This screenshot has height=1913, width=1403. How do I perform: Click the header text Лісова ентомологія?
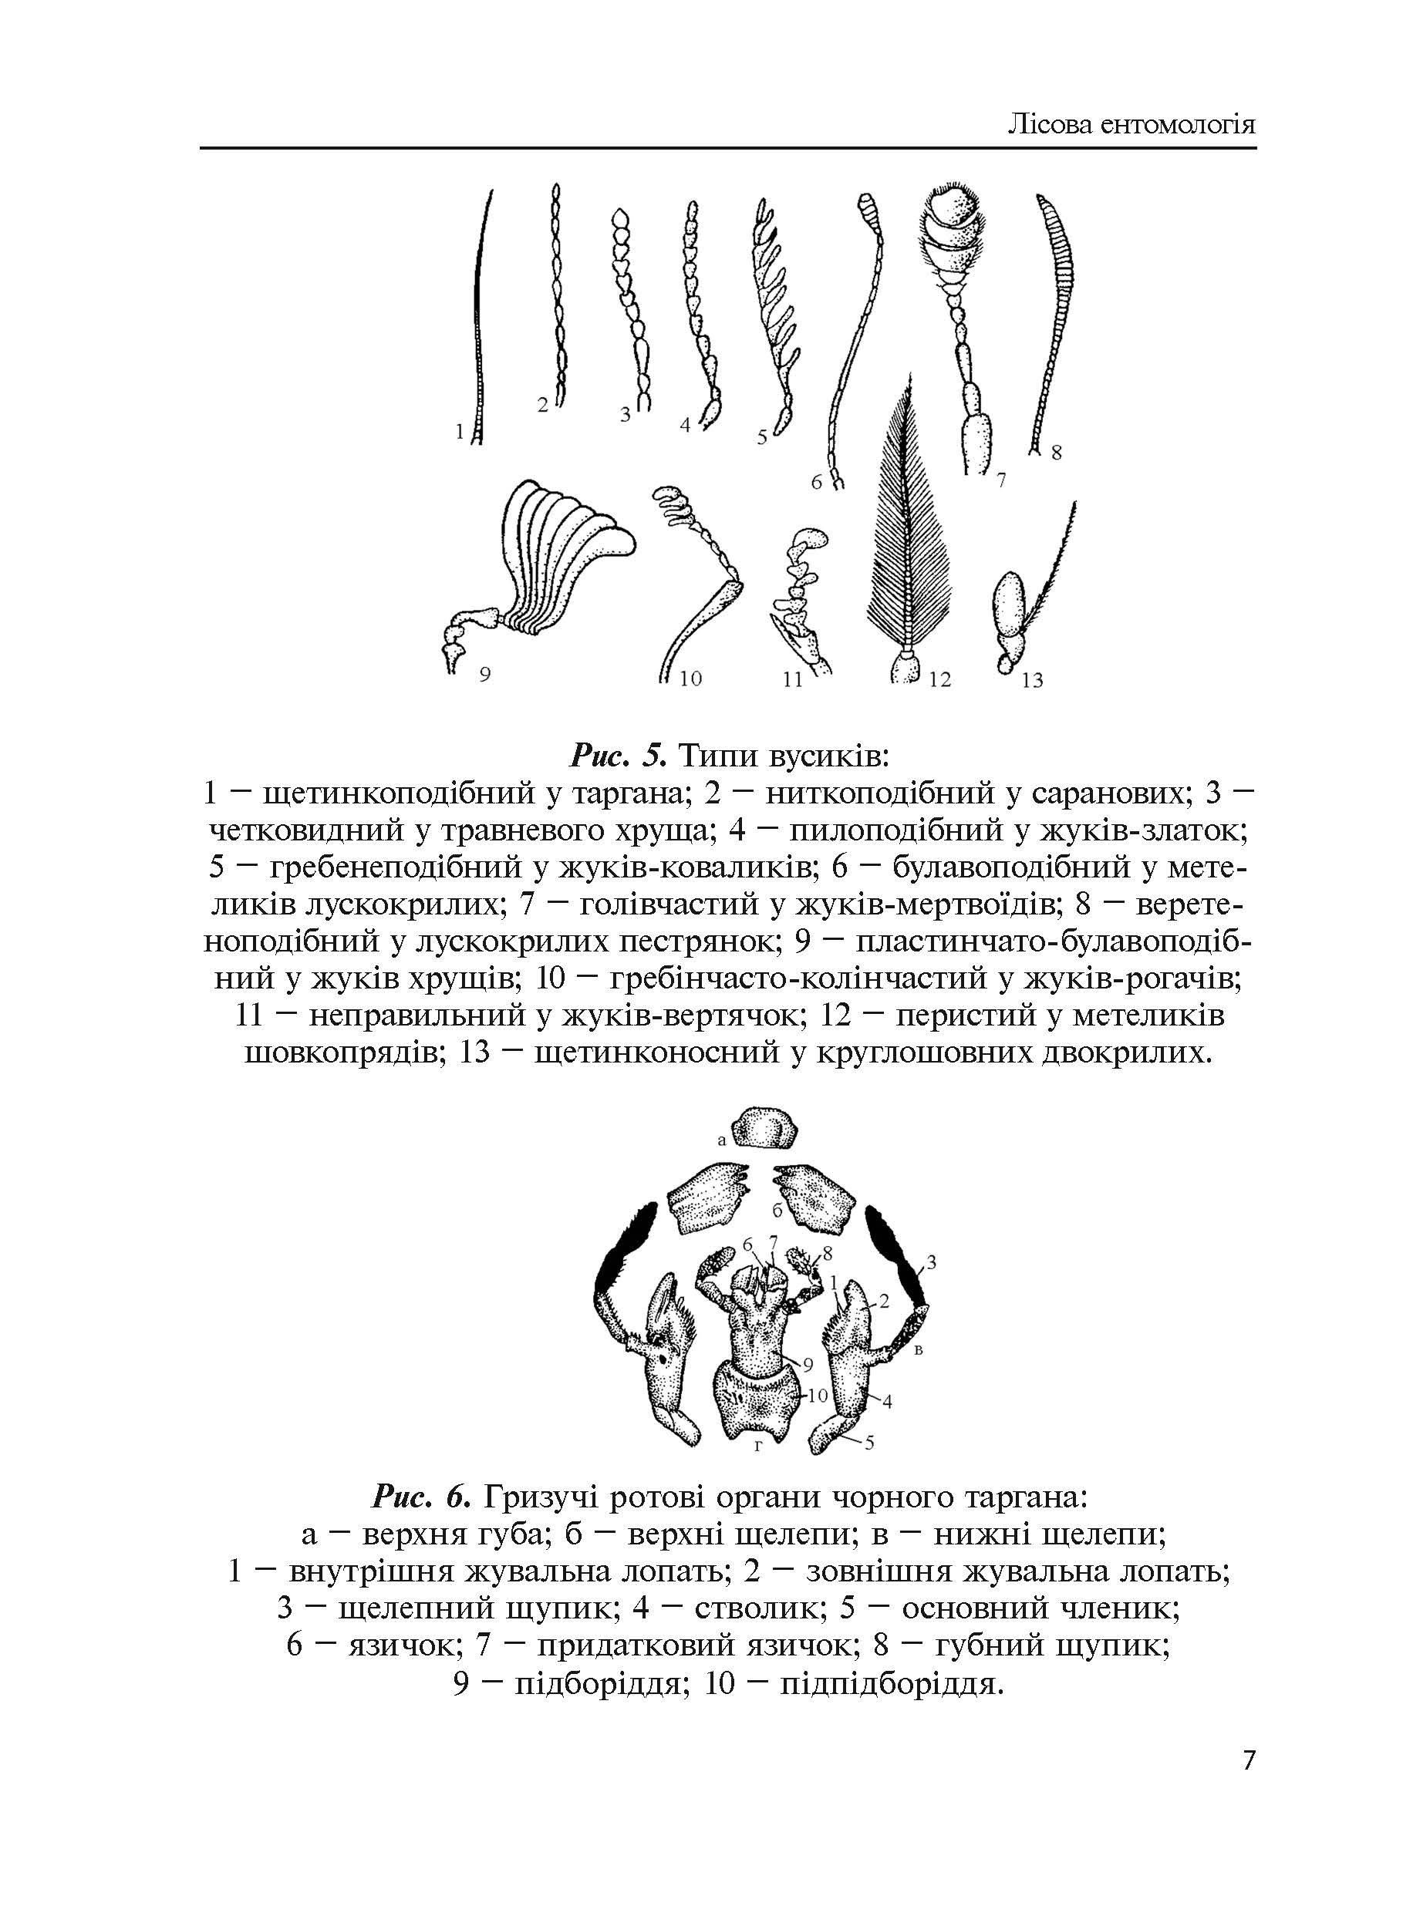[1131, 125]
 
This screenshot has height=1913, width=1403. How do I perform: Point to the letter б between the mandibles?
[777, 1211]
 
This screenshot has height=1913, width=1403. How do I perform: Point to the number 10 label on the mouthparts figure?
[816, 1395]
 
